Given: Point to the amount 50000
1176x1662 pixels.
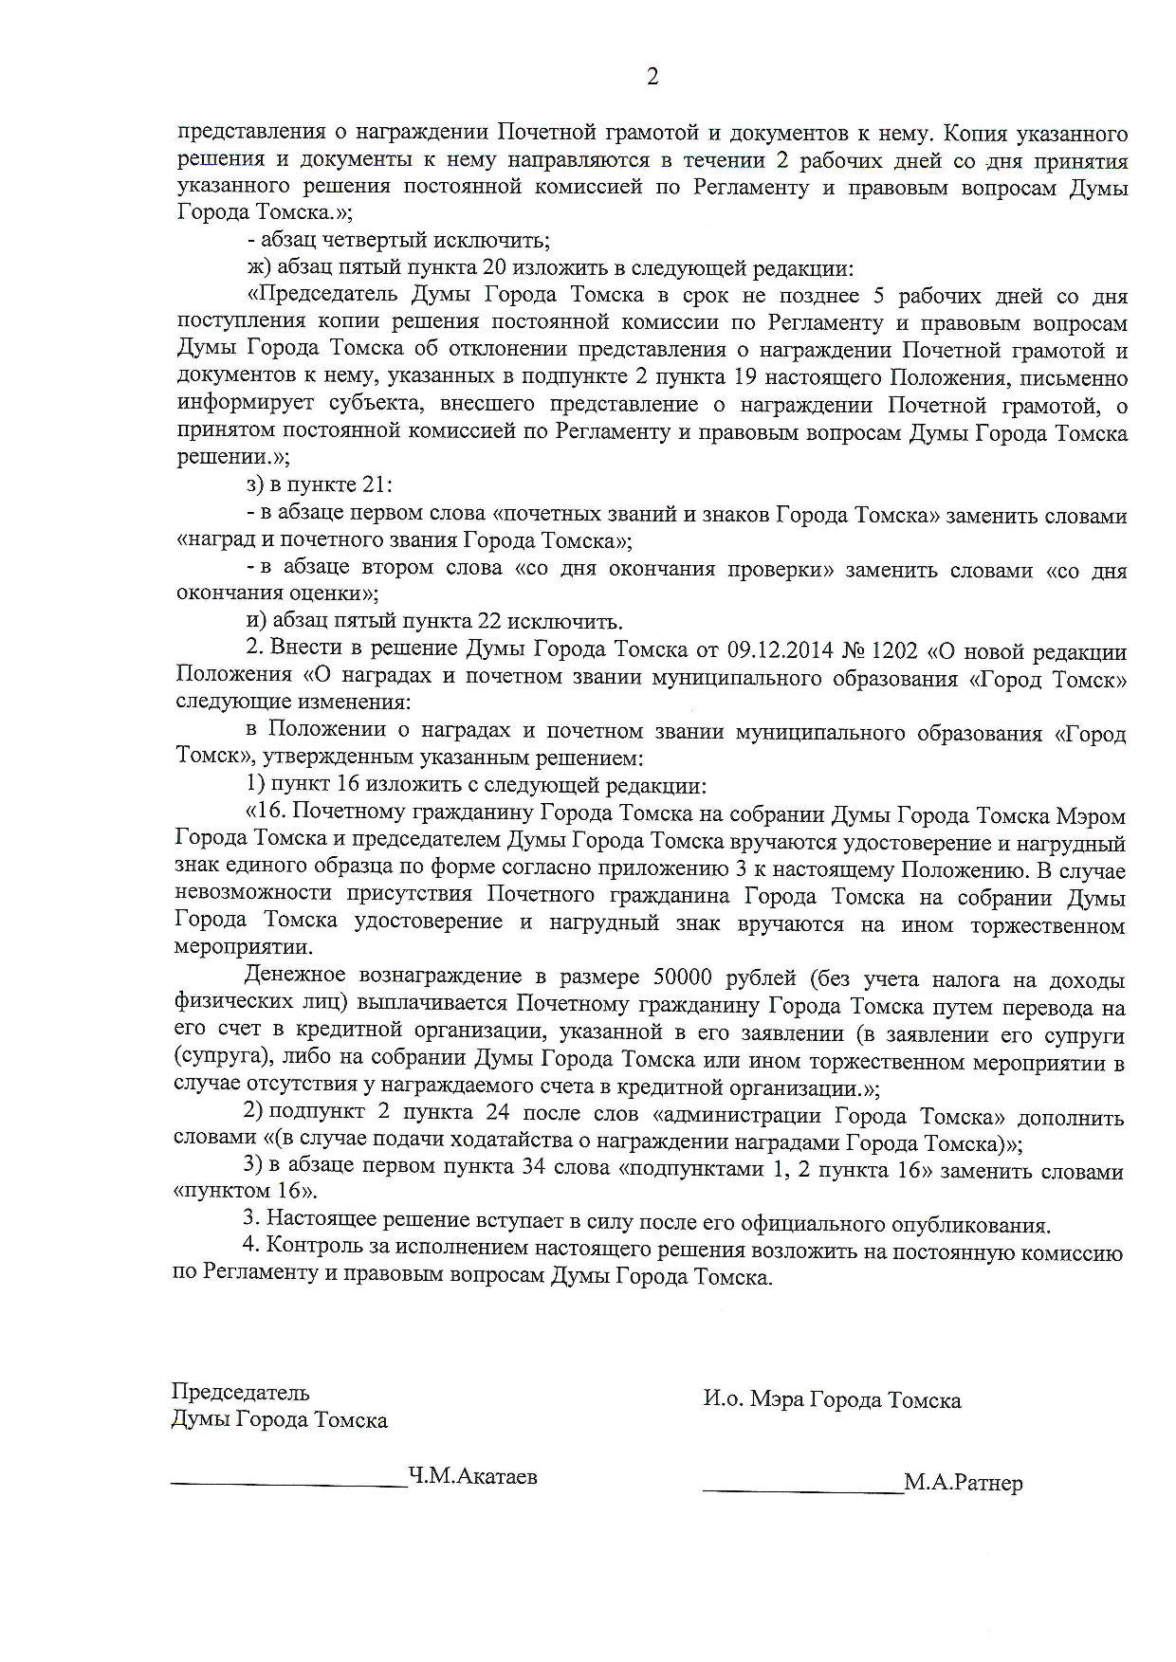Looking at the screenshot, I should click(683, 977).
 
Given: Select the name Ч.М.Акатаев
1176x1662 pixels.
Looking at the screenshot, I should click(472, 1475).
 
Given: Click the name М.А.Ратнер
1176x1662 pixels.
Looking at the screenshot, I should click(964, 1483).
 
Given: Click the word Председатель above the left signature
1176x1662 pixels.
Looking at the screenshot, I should click(240, 1393).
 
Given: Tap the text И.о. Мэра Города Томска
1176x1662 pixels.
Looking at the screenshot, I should click(832, 1400).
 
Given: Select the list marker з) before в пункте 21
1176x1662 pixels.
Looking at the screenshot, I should click(255, 485).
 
